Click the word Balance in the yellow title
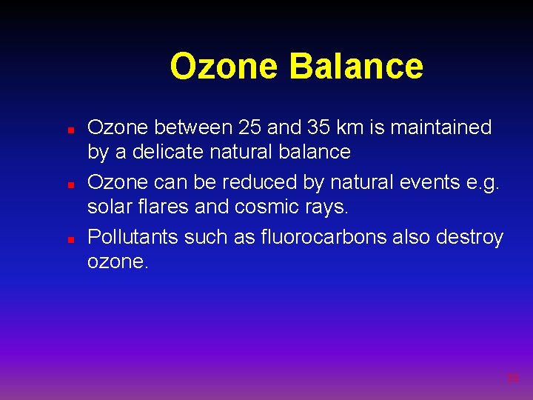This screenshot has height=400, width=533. [x=356, y=66]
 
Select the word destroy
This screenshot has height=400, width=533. [x=470, y=239]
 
